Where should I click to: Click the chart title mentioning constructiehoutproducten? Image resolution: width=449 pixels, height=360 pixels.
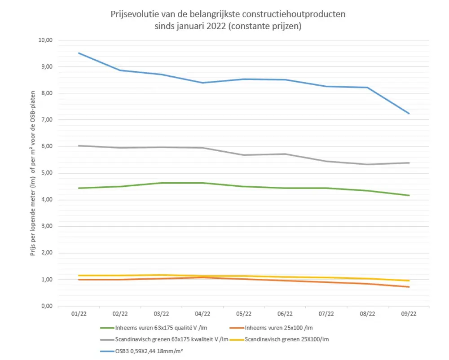point(228,20)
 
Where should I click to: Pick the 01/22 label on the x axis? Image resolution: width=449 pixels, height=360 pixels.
point(79,314)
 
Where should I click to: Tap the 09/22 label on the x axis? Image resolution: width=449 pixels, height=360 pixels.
point(408,314)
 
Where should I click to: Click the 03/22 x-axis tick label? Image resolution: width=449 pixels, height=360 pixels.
point(161,314)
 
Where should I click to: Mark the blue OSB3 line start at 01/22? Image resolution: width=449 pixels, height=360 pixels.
point(79,53)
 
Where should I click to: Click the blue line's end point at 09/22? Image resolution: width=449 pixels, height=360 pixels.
point(408,114)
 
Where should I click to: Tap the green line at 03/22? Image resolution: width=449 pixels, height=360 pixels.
point(161,183)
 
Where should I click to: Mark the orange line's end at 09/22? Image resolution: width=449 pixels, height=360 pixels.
point(408,287)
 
